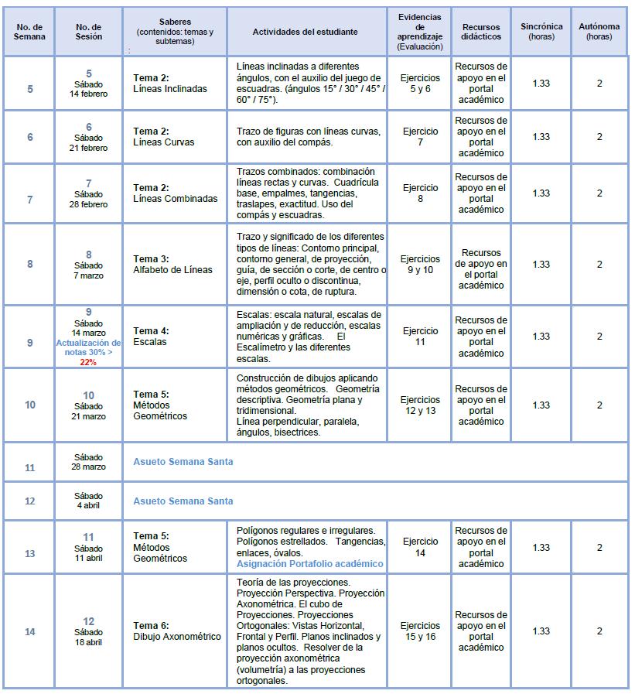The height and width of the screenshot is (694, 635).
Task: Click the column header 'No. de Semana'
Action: tap(29, 32)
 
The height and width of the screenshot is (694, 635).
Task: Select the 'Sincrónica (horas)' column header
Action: tap(541, 32)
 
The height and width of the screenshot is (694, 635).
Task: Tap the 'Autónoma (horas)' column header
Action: tap(599, 32)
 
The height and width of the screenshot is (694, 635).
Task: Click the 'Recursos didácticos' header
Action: tap(481, 32)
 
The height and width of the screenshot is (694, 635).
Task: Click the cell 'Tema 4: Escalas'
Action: tap(151, 337)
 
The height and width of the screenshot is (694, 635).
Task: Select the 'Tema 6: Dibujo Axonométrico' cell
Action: tap(177, 631)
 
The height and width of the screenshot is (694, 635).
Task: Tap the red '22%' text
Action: tap(88, 362)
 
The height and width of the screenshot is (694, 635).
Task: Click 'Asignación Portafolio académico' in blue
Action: tap(309, 564)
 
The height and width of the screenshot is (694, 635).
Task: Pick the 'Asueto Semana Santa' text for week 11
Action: tap(183, 462)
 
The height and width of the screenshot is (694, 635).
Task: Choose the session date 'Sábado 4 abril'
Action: tap(88, 501)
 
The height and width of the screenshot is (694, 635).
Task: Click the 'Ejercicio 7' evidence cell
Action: tap(421, 137)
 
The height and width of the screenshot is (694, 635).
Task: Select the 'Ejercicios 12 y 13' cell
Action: tap(421, 405)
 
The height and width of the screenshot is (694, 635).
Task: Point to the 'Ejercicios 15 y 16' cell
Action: tap(421, 631)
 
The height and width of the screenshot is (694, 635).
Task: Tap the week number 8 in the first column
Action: tap(30, 265)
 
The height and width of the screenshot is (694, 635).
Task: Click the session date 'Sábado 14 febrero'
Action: tap(88, 88)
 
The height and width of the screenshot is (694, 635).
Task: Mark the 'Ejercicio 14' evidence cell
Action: tap(421, 548)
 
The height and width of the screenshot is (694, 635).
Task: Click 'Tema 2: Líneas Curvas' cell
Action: tap(164, 137)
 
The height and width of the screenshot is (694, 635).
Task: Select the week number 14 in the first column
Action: tap(30, 631)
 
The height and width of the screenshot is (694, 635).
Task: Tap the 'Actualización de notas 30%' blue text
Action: tap(88, 347)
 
